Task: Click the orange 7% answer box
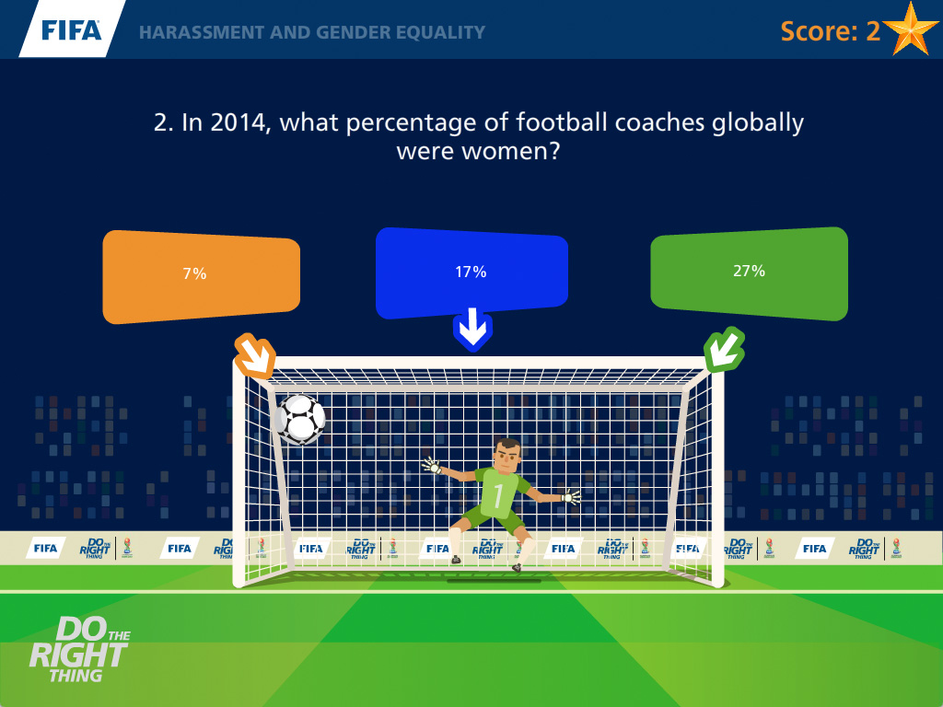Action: (x=202, y=276)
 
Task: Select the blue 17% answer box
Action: (x=471, y=272)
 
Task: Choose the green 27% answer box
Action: (x=750, y=273)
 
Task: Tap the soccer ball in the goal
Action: (x=300, y=419)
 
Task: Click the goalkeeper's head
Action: (x=507, y=457)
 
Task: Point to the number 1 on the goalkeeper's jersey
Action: (x=498, y=495)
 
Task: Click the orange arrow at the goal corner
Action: (x=255, y=355)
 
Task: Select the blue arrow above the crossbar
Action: (x=472, y=330)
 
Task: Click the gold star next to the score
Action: (x=911, y=29)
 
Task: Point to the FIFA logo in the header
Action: (x=72, y=30)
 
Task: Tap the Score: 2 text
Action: (x=830, y=31)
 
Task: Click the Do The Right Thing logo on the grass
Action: (x=79, y=650)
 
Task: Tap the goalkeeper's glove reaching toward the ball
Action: (x=432, y=466)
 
